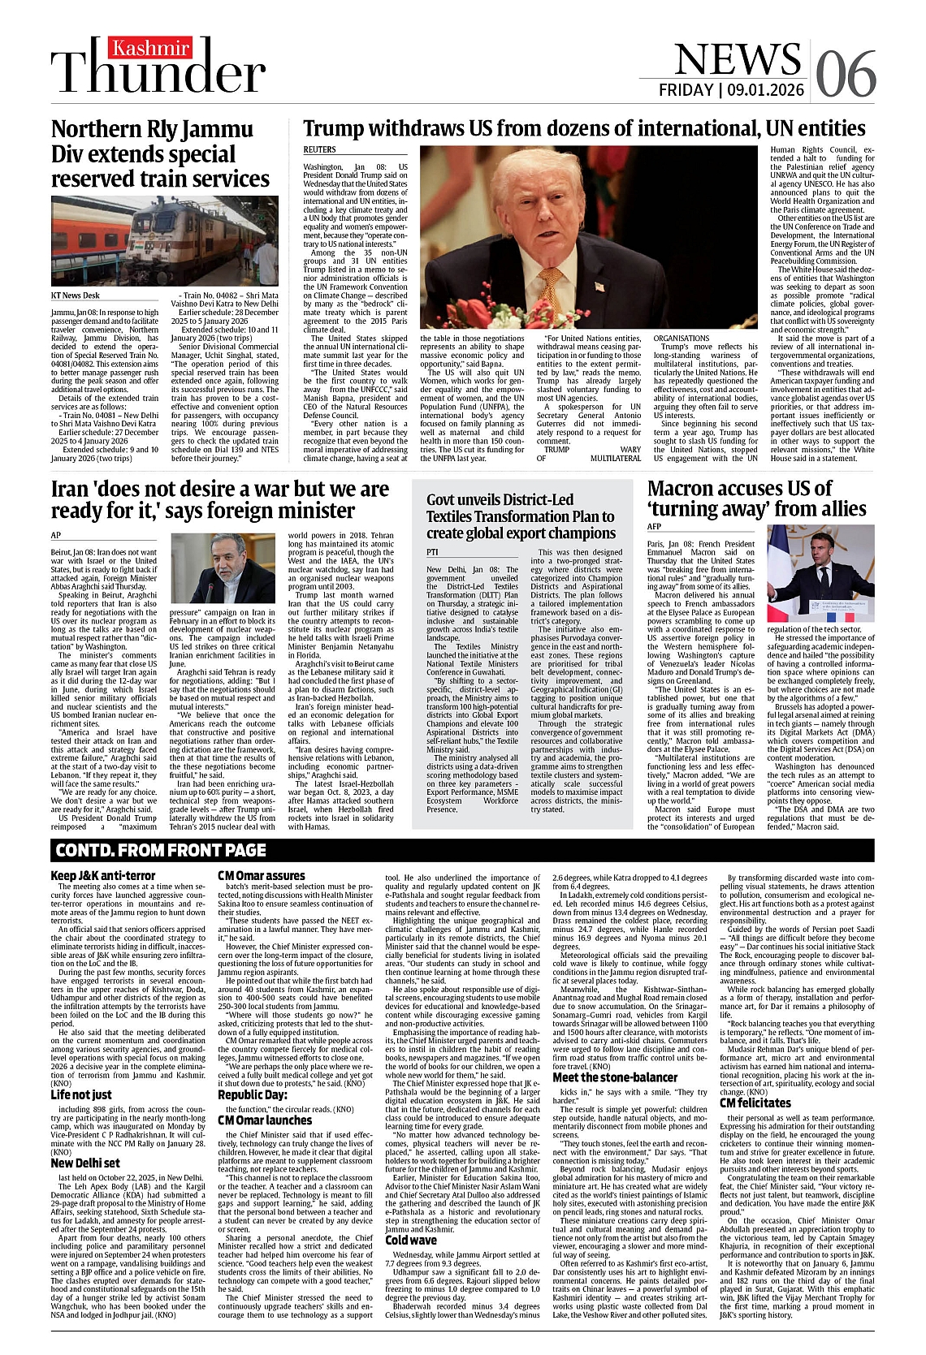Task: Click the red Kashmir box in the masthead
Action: pos(151,49)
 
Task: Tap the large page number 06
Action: pos(845,74)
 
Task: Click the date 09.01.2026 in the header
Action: pos(766,90)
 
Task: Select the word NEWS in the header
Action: pos(737,59)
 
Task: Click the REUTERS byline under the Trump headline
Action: pos(319,150)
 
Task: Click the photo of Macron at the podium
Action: pos(820,573)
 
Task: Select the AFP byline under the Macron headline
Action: pos(654,528)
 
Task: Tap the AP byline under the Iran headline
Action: pos(56,535)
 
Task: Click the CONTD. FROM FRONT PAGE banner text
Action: pos(161,850)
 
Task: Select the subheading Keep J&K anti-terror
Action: pos(102,876)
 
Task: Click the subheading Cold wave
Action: pos(410,1240)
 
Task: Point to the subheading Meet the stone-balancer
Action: pos(615,1077)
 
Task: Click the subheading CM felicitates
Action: pos(755,1103)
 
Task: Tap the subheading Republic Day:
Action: pos(253,1094)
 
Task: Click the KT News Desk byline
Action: pos(76,296)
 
